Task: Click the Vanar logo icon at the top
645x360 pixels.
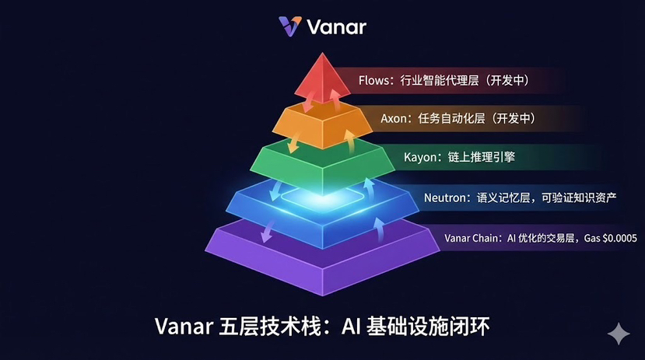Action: pyautogui.click(x=290, y=26)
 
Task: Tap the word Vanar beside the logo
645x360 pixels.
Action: pyautogui.click(x=336, y=27)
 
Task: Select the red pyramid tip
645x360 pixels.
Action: pyautogui.click(x=322, y=78)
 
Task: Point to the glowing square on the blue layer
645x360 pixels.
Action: pyautogui.click(x=322, y=196)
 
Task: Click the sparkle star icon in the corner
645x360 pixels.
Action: pyautogui.click(x=619, y=334)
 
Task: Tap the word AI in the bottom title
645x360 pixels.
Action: pyautogui.click(x=352, y=327)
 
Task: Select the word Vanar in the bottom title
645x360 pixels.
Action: pyautogui.click(x=184, y=327)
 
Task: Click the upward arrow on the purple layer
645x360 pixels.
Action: pyautogui.click(x=379, y=229)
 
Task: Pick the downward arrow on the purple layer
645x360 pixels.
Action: pyautogui.click(x=268, y=231)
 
